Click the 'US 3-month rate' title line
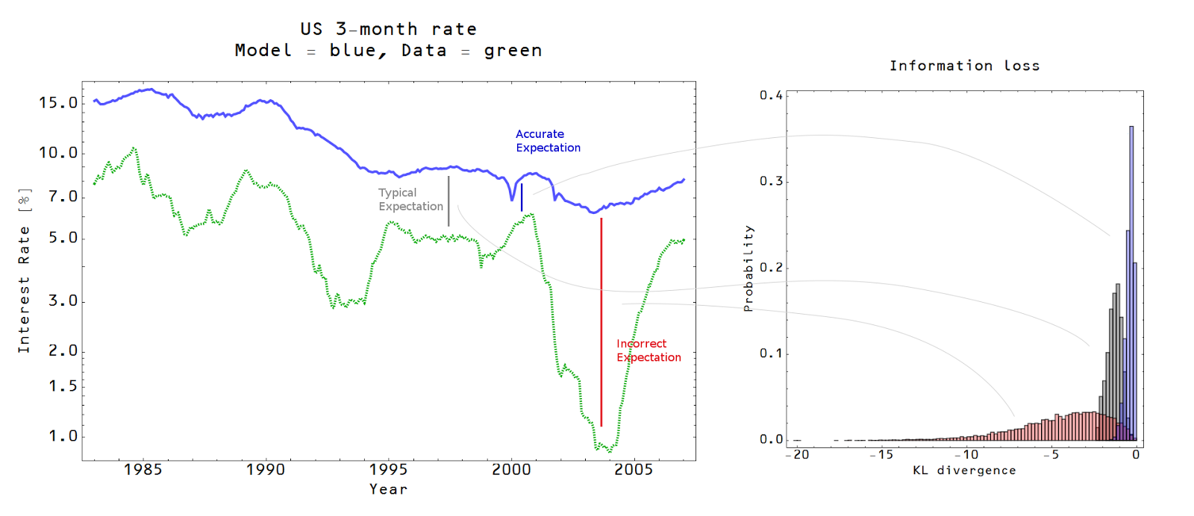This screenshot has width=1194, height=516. (388, 29)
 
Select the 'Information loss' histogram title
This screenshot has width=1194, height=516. (964, 66)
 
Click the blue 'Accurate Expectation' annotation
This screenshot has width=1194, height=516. (548, 141)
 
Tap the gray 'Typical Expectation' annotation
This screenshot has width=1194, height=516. (410, 200)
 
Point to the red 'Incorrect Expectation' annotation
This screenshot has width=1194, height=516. (648, 350)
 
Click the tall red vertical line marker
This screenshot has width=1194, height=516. (601, 321)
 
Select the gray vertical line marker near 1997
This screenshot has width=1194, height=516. (448, 201)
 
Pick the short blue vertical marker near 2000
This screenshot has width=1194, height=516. (522, 198)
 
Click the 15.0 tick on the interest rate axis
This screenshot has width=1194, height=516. (58, 103)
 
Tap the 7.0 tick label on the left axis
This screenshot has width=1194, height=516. (63, 197)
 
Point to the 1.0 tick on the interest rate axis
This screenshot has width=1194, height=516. (63, 436)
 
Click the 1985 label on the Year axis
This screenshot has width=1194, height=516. (143, 470)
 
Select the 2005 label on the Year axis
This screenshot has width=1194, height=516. (634, 470)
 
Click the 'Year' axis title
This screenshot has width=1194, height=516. (388, 489)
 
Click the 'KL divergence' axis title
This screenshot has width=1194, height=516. (964, 471)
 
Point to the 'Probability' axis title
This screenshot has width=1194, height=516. (748, 268)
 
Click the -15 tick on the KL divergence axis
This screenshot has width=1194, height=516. (881, 455)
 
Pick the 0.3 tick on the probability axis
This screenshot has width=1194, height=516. (771, 181)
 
